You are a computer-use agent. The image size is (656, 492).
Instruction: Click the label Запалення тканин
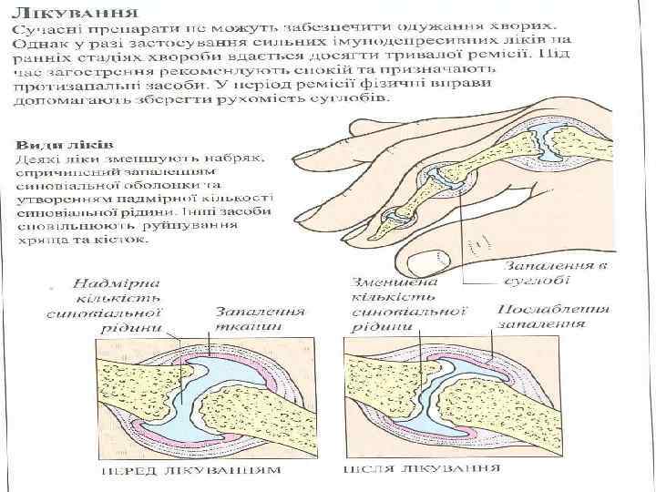point(259,318)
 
